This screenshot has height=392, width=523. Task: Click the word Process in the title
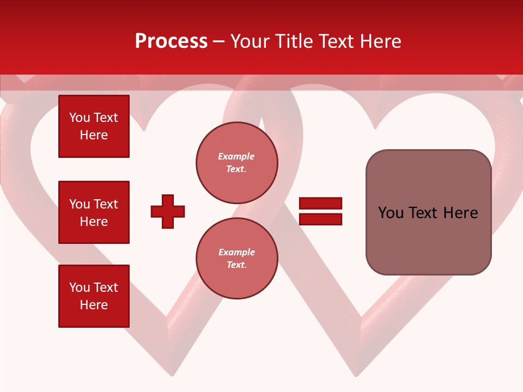click(x=171, y=41)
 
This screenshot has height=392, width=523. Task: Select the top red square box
click(x=94, y=126)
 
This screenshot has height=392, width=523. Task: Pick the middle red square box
click(x=94, y=212)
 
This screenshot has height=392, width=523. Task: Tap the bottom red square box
click(x=94, y=296)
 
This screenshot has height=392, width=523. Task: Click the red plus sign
click(x=168, y=211)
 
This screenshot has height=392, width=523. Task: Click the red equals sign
click(x=320, y=211)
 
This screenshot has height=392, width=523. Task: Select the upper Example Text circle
click(x=236, y=163)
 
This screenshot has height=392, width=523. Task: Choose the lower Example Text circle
click(x=236, y=259)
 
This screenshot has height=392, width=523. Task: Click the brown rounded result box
click(x=428, y=212)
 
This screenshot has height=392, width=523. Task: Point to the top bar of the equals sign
click(x=320, y=204)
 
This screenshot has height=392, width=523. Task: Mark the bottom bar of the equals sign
click(x=320, y=219)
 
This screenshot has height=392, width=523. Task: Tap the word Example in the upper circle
click(x=236, y=157)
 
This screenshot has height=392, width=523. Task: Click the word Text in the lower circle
click(x=236, y=265)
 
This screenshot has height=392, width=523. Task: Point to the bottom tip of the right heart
click(x=357, y=375)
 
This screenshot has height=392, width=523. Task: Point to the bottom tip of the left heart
click(x=172, y=375)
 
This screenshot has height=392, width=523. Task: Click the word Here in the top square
click(x=94, y=135)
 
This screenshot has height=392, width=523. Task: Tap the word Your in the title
click(x=251, y=41)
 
